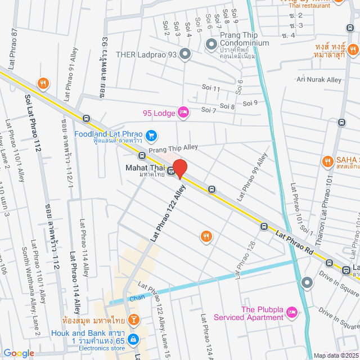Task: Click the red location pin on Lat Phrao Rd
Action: click(179, 169)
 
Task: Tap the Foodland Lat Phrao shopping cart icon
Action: click(151, 136)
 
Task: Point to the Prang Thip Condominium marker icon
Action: click(211, 44)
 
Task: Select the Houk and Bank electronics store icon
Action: click(133, 339)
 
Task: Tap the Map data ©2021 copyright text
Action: click(335, 355)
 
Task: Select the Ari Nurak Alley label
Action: click(318, 80)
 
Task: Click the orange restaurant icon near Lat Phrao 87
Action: click(43, 84)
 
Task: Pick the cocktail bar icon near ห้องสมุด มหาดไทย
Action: click(134, 321)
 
